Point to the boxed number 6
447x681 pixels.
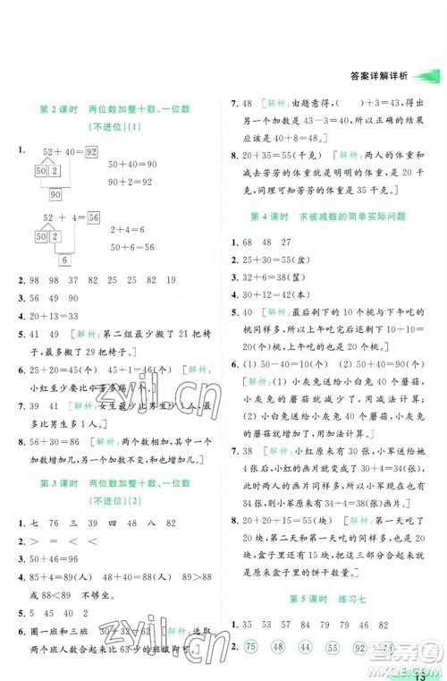(65, 260)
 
